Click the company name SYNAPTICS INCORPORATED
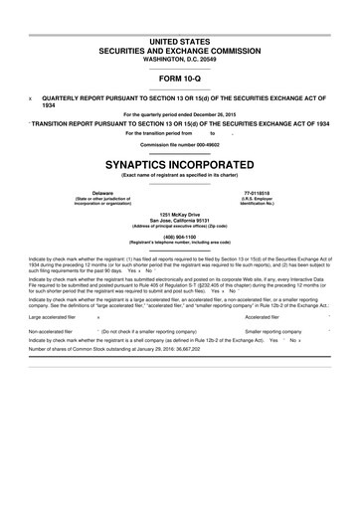pos(179,159)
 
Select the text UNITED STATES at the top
pos(179,37)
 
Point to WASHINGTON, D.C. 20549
pos(179,57)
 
